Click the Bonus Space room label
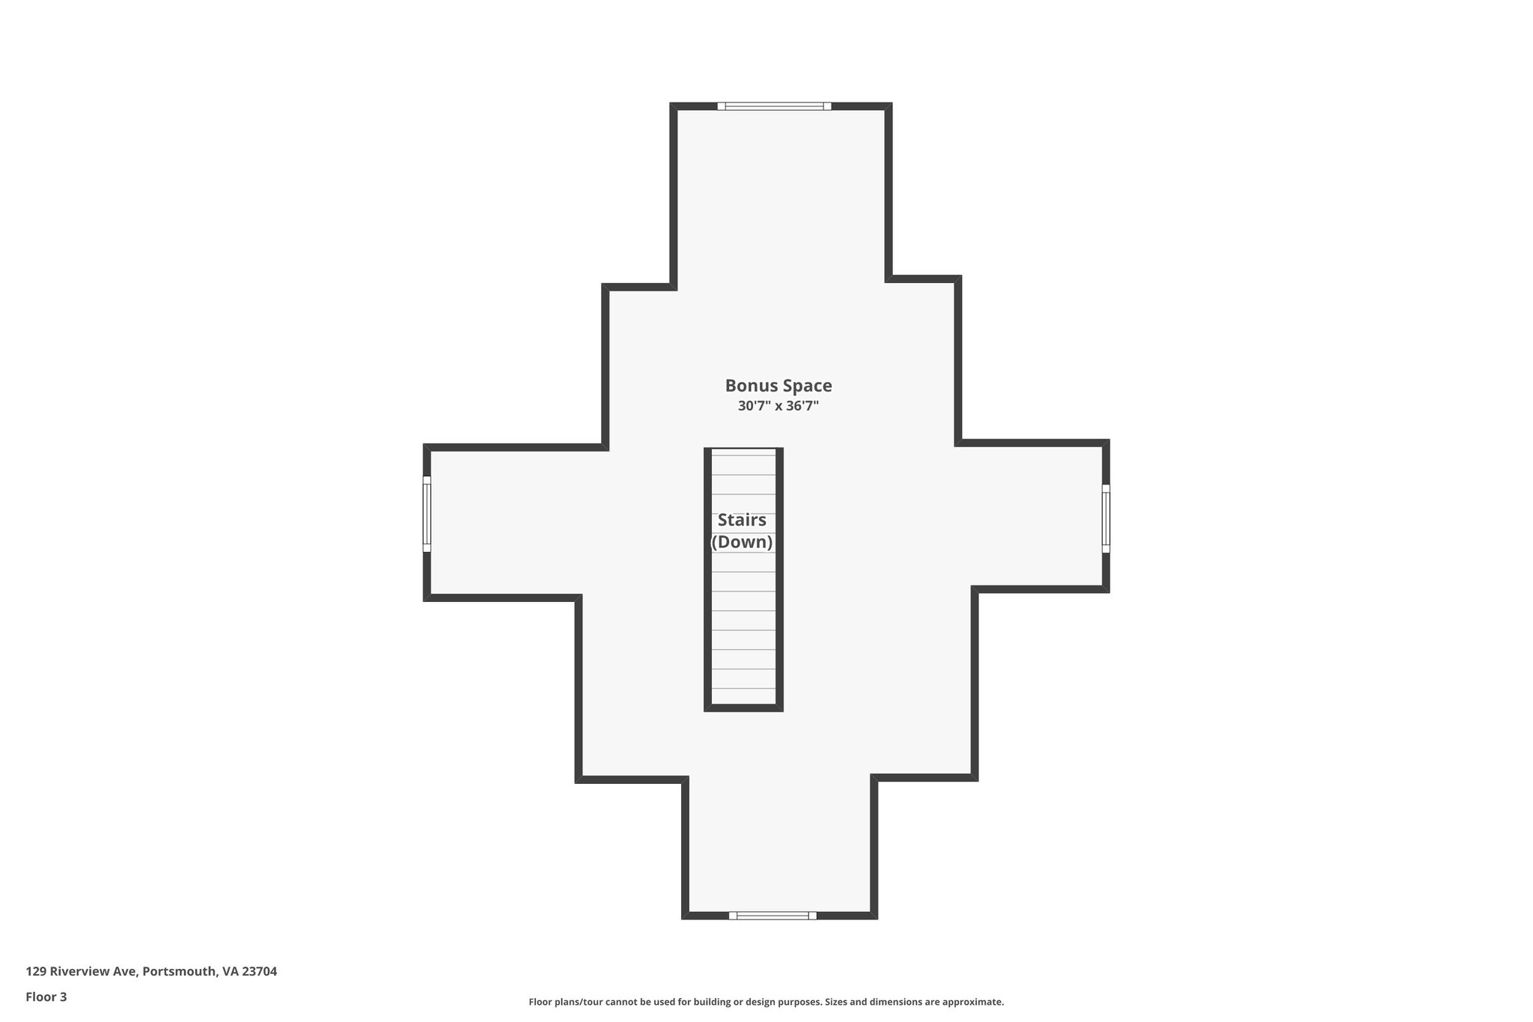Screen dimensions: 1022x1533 (778, 386)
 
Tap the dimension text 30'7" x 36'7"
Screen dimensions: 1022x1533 (778, 407)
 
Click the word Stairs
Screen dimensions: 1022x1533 (742, 520)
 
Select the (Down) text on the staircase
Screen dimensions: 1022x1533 (742, 542)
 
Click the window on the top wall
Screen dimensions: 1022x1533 (774, 106)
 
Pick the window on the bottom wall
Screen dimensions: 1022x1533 (772, 915)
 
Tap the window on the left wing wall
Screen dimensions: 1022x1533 (427, 514)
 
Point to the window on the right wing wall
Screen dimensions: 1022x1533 (1106, 518)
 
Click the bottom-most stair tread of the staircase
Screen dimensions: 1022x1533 (743, 696)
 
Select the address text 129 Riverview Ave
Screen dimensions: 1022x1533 (81, 971)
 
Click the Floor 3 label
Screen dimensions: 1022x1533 (46, 997)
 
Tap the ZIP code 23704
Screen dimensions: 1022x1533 (259, 971)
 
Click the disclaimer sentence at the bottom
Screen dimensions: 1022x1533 (766, 1002)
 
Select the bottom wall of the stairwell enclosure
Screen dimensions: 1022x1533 (743, 708)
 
